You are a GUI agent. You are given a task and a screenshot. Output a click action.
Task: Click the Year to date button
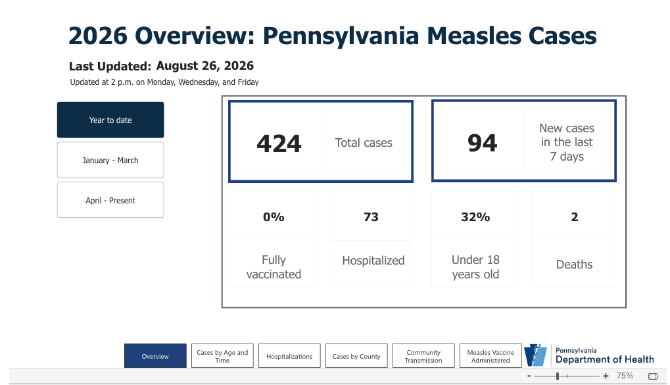[110, 120]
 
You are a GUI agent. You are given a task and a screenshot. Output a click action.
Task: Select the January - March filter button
[110, 160]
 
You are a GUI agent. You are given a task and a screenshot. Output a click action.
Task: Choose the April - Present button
[110, 200]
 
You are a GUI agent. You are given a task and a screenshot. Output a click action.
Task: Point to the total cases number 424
[279, 143]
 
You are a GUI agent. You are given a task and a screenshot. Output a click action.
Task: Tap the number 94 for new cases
[483, 143]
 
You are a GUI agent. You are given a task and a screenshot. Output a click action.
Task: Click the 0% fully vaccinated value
[274, 217]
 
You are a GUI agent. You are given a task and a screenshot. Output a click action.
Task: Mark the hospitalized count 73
[371, 217]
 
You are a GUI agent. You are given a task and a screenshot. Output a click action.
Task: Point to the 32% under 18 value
[475, 217]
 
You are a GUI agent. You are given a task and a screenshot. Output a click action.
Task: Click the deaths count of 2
[574, 217]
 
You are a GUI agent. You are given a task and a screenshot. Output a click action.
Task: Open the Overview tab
[155, 356]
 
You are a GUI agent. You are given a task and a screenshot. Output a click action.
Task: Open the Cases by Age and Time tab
[222, 356]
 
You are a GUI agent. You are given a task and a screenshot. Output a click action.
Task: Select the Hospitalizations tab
[289, 356]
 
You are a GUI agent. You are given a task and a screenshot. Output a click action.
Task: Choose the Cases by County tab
[356, 356]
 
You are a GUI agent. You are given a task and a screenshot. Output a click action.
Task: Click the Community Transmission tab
[423, 356]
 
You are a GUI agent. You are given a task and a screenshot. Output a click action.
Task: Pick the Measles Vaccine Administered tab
[491, 356]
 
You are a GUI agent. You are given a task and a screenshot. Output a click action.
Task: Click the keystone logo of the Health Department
[535, 355]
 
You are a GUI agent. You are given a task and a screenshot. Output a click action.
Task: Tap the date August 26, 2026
[205, 66]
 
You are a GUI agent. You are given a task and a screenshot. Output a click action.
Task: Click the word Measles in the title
[473, 36]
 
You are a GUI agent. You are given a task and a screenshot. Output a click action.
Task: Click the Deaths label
[574, 265]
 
